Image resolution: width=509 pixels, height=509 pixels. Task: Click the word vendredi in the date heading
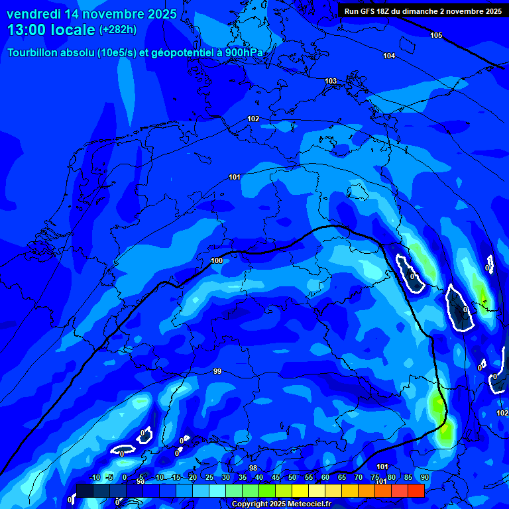click(x=33, y=14)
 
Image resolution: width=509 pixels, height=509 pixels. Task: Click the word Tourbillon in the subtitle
click(x=36, y=53)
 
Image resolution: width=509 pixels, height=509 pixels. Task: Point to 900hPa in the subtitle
click(x=249, y=53)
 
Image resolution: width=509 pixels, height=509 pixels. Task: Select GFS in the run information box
click(x=368, y=11)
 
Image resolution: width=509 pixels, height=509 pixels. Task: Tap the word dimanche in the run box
click(x=424, y=11)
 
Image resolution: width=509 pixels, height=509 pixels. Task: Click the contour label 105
click(x=435, y=35)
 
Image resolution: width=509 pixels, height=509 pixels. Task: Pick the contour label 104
click(x=389, y=56)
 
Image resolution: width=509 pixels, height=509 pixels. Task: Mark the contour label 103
click(x=331, y=81)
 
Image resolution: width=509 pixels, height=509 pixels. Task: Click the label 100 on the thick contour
click(x=217, y=261)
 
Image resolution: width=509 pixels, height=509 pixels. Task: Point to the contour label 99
click(x=217, y=372)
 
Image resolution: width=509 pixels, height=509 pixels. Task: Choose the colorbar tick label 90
click(x=425, y=478)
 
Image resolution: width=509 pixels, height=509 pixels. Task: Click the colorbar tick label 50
click(x=292, y=478)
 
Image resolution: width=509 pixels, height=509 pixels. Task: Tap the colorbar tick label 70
click(x=359, y=478)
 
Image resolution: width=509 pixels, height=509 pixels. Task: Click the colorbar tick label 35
click(x=243, y=478)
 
